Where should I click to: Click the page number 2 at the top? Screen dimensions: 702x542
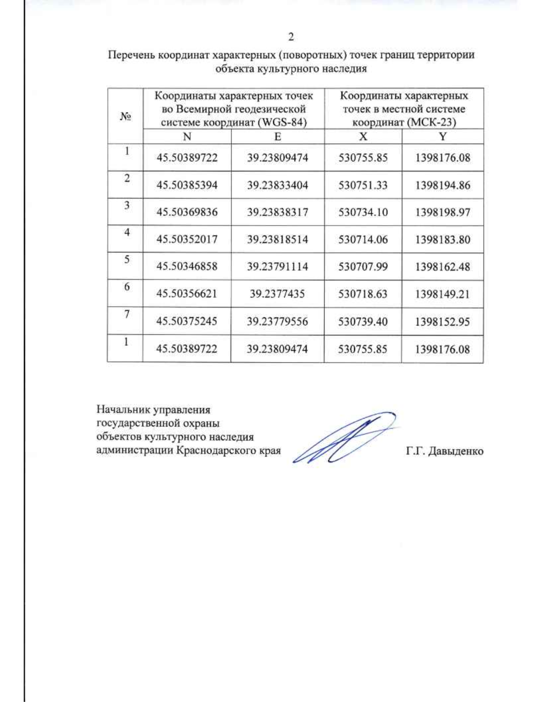291,37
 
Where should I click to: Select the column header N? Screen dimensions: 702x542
187,137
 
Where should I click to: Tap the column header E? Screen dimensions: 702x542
277,137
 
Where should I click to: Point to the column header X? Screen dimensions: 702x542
363,137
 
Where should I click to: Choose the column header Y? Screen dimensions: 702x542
443,137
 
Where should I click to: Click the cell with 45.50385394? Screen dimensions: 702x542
187,185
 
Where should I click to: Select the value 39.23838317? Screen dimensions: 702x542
277,212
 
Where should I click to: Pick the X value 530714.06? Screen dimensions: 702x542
363,239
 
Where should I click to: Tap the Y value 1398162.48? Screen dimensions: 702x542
443,266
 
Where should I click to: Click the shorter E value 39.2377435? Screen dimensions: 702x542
277,294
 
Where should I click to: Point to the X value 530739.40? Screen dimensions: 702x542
363,321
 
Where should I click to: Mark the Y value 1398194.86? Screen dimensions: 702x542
443,185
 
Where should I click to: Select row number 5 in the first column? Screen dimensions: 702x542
127,259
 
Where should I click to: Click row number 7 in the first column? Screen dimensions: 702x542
127,314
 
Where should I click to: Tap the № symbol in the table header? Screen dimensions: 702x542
125,117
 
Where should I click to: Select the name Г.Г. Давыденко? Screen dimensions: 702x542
444,451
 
